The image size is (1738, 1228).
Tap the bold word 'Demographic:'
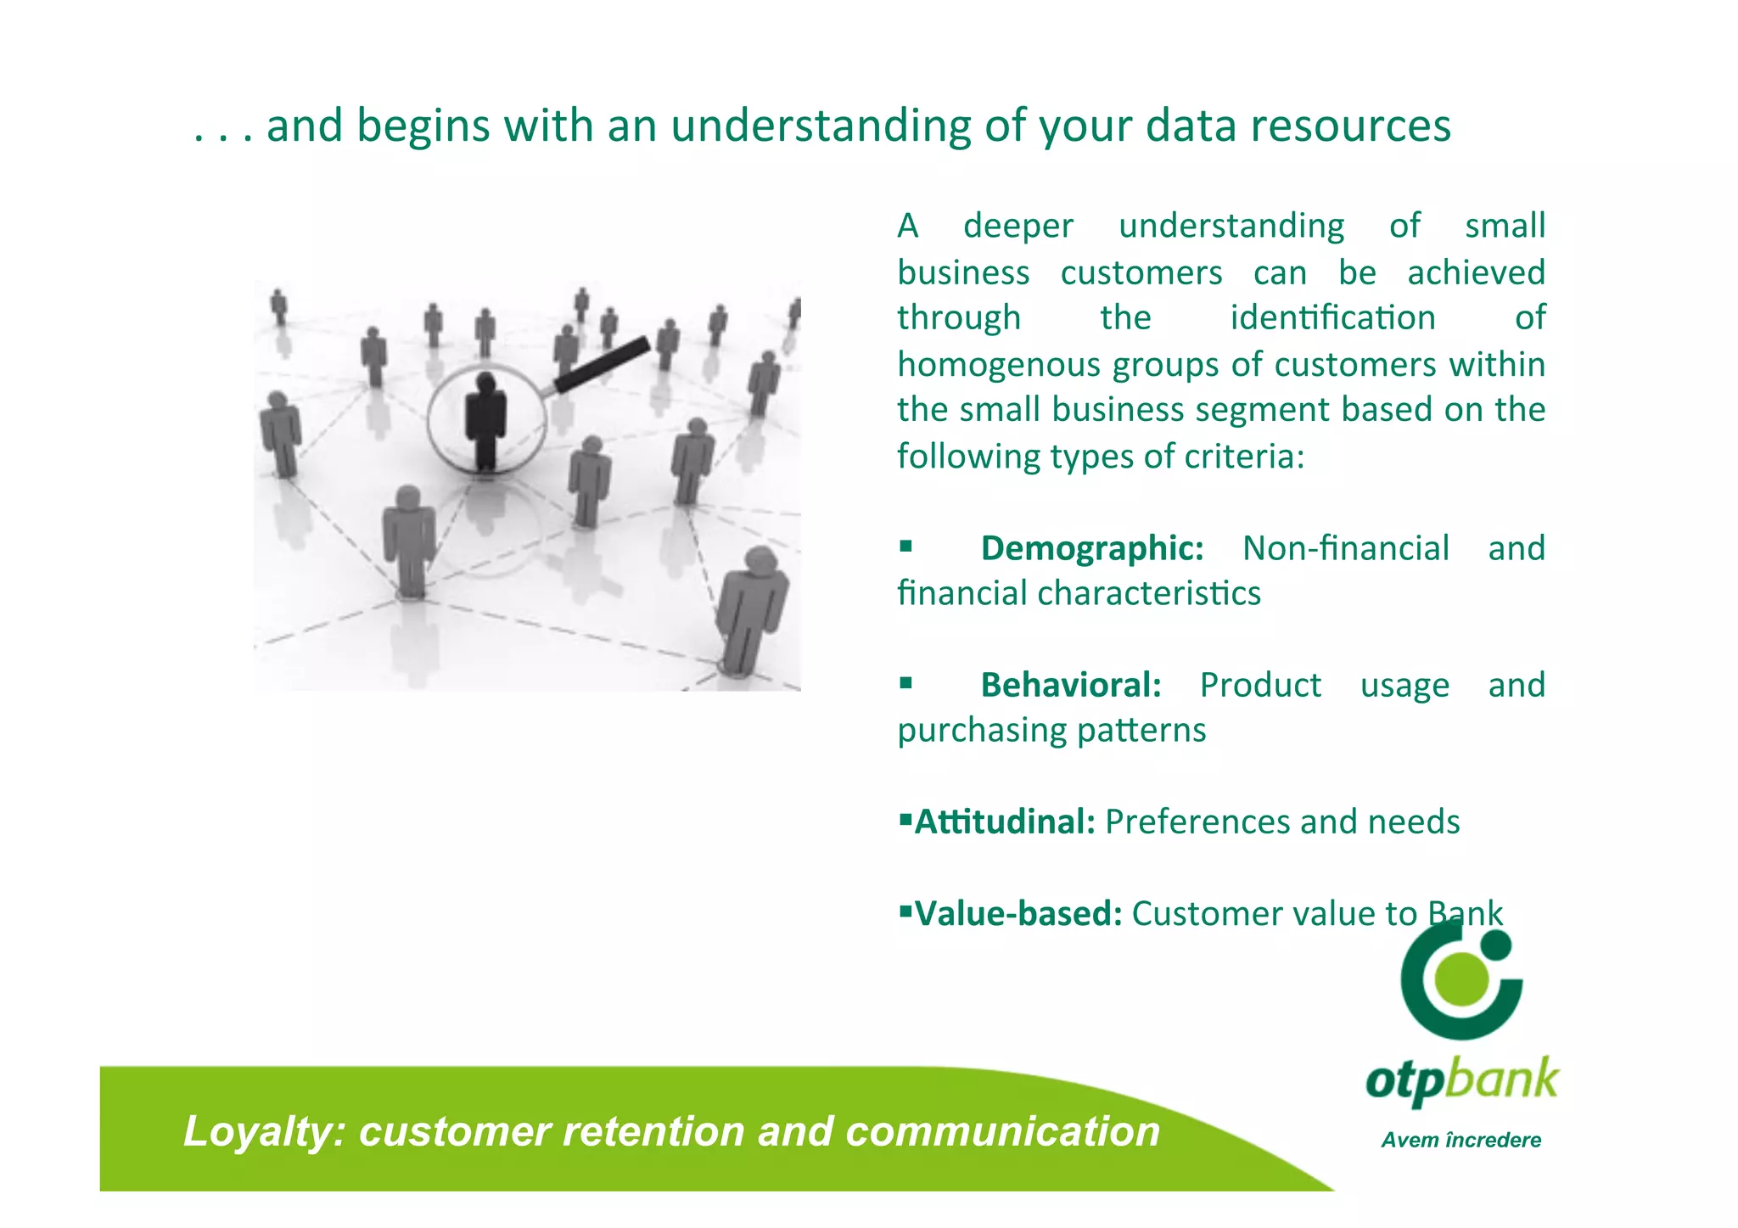pos(1091,548)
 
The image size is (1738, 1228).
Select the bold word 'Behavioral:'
pos(1070,685)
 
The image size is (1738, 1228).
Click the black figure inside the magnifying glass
pos(485,418)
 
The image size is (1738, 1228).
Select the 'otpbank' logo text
pos(1461,1080)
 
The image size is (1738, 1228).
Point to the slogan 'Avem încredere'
pos(1460,1140)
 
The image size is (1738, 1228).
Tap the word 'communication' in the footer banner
pos(1002,1131)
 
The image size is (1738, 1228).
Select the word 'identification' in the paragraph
pos(1332,318)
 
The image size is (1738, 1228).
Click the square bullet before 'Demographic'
pos(905,546)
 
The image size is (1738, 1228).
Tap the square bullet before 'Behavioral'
pos(905,682)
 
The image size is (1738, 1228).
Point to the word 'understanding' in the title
pos(820,126)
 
